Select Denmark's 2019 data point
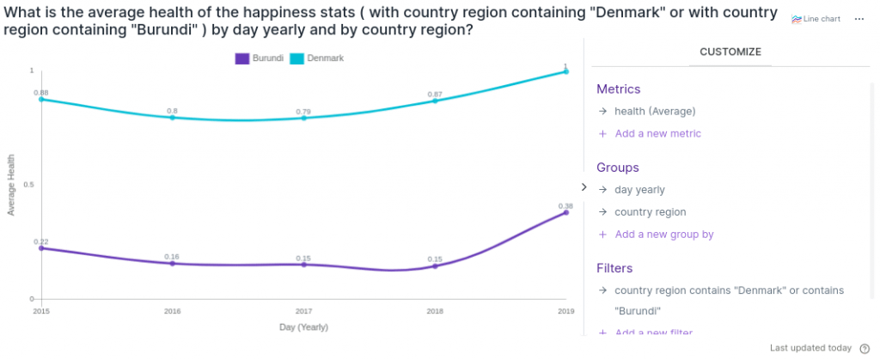(x=565, y=71)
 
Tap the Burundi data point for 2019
(x=565, y=212)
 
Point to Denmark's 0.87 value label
(x=435, y=94)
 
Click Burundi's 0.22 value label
(x=41, y=241)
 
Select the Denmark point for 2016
(x=173, y=117)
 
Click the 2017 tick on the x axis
(x=303, y=310)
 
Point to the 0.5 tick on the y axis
(x=28, y=185)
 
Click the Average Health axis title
(x=11, y=185)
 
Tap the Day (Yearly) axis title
(x=303, y=327)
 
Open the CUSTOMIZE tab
(x=730, y=52)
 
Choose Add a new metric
(x=657, y=133)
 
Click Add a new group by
(x=663, y=234)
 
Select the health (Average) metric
(x=654, y=111)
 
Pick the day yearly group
(x=639, y=189)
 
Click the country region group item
(x=650, y=211)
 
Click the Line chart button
(x=816, y=19)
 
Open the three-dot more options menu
(x=859, y=19)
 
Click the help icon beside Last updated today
(x=865, y=348)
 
